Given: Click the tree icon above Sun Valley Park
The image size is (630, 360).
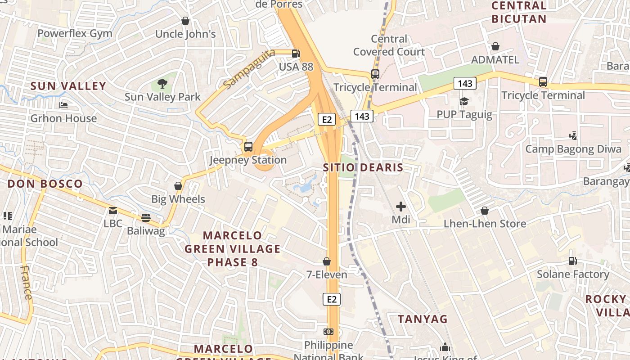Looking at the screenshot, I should (162, 84).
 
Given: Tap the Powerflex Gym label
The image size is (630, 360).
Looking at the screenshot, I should (75, 33).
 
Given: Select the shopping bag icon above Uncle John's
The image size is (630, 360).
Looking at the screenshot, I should (185, 21).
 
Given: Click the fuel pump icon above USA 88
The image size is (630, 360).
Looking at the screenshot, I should (296, 54).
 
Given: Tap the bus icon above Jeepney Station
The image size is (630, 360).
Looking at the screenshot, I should (248, 147).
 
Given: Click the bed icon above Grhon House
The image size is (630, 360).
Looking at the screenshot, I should (63, 105).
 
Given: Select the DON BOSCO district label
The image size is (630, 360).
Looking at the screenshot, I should (45, 184).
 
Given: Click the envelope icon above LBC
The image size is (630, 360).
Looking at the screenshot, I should (112, 210).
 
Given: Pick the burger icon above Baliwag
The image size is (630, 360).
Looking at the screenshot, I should (145, 218).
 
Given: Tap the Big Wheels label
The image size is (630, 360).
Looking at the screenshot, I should (178, 199).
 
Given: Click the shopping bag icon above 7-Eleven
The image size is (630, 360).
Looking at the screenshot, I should (327, 261).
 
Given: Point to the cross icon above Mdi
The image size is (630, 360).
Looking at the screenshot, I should (400, 207).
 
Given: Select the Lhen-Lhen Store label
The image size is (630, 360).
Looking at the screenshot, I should (485, 224).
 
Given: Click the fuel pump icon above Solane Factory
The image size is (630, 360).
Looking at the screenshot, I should (572, 261).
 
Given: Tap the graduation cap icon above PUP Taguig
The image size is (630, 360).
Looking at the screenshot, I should (464, 101).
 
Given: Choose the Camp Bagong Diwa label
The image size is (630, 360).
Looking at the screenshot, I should (573, 149).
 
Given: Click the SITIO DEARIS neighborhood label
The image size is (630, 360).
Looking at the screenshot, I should (363, 167).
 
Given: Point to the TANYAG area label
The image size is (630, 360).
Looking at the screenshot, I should (423, 319).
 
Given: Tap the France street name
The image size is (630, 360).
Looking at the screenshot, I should (27, 283).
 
